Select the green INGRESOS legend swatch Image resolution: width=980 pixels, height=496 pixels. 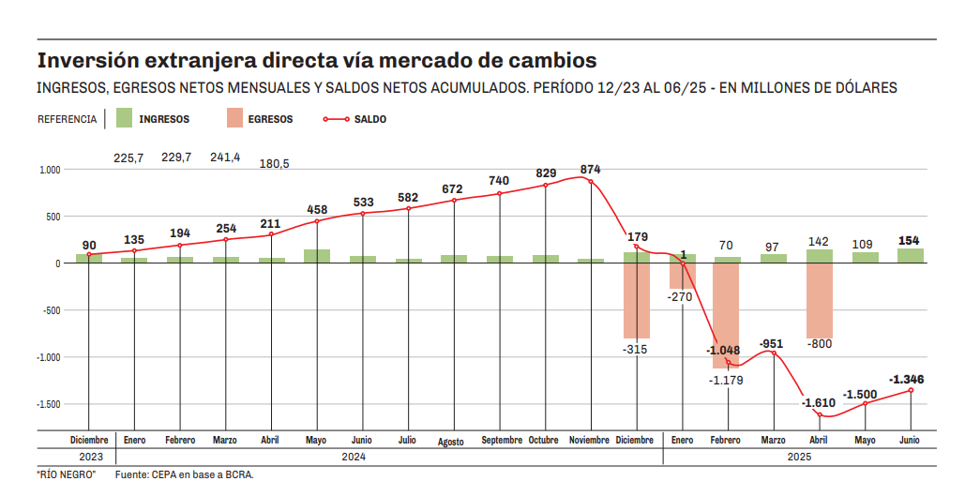[123, 119]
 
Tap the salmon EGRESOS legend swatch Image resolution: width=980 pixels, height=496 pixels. [234, 119]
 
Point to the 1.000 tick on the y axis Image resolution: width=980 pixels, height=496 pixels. [50, 170]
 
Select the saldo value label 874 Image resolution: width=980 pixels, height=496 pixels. [591, 169]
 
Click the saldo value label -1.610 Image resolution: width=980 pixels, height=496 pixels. [818, 402]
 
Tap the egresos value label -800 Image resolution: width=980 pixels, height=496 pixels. [819, 344]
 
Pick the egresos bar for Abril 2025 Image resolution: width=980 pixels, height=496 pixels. [819, 300]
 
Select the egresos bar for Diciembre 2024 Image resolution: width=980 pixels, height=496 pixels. [637, 300]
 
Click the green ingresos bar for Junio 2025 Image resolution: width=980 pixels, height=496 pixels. [910, 255]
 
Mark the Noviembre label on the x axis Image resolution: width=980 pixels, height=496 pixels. [591, 440]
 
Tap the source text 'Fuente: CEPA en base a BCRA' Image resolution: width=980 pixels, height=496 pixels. [184, 475]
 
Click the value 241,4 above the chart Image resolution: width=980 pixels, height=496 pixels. [225, 157]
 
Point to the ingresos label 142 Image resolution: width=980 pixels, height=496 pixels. [819, 241]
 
